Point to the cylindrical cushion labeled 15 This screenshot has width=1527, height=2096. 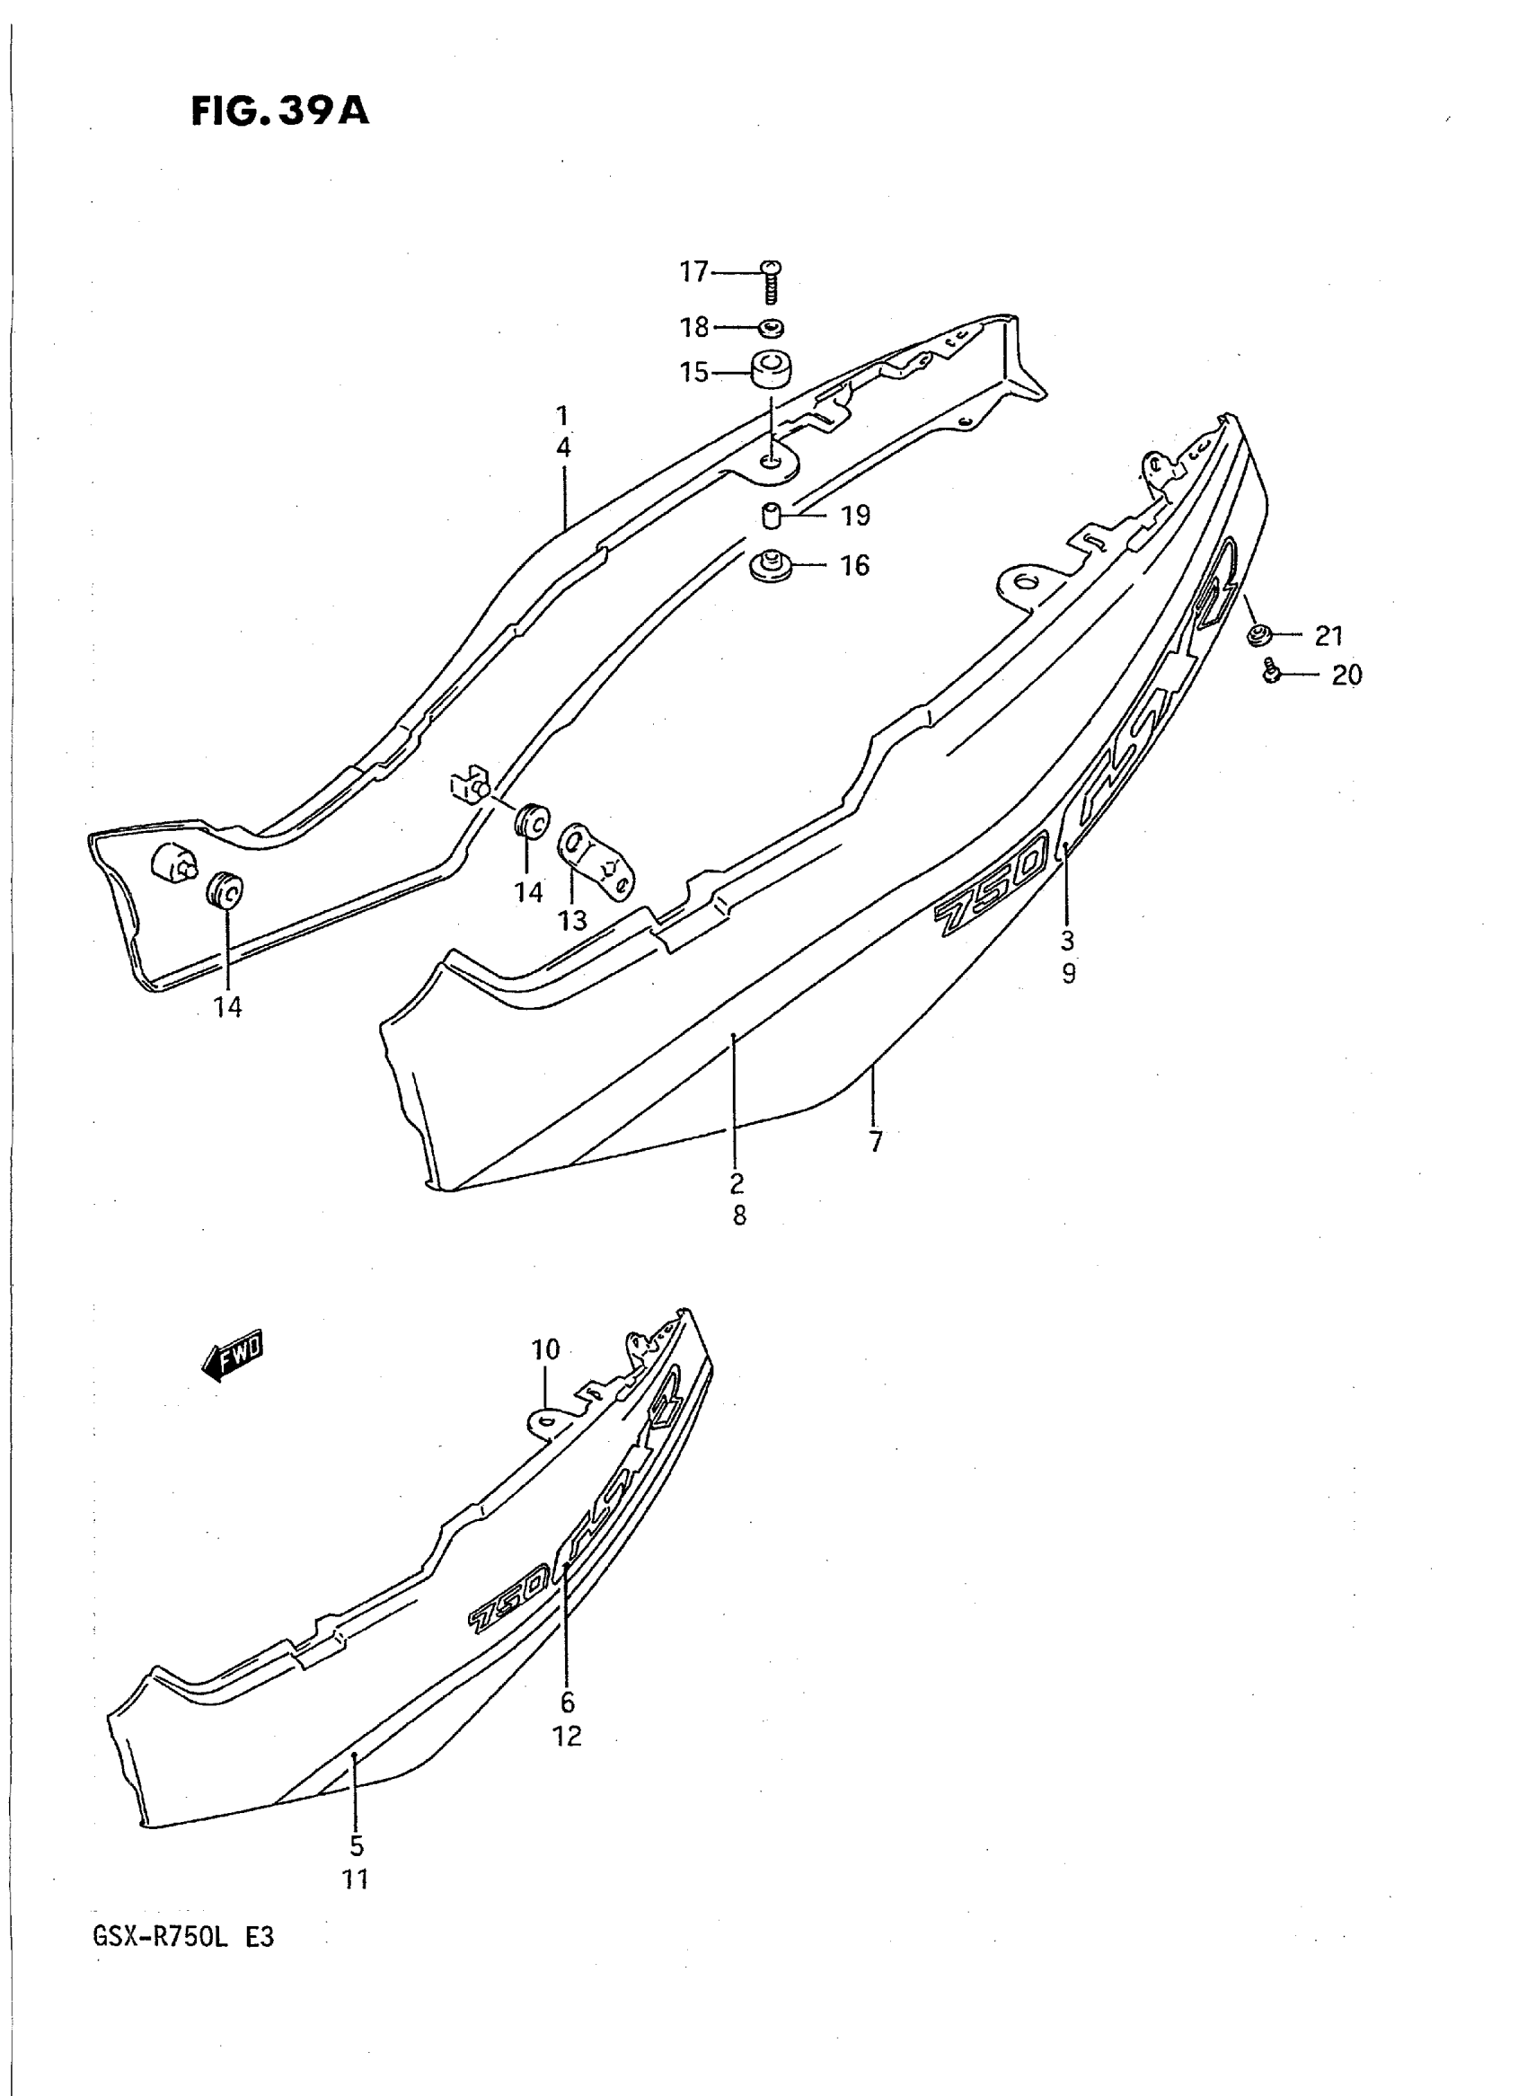click(772, 372)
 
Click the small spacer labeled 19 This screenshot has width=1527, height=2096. click(772, 514)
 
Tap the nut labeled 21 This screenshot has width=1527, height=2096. click(1258, 635)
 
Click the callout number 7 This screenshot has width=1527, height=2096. click(876, 1142)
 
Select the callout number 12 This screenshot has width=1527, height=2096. click(568, 1737)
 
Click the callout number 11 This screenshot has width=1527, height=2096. click(356, 1879)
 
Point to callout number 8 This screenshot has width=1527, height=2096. click(739, 1216)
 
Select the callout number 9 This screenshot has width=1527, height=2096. click(1069, 973)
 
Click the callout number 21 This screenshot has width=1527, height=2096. click(1328, 635)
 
